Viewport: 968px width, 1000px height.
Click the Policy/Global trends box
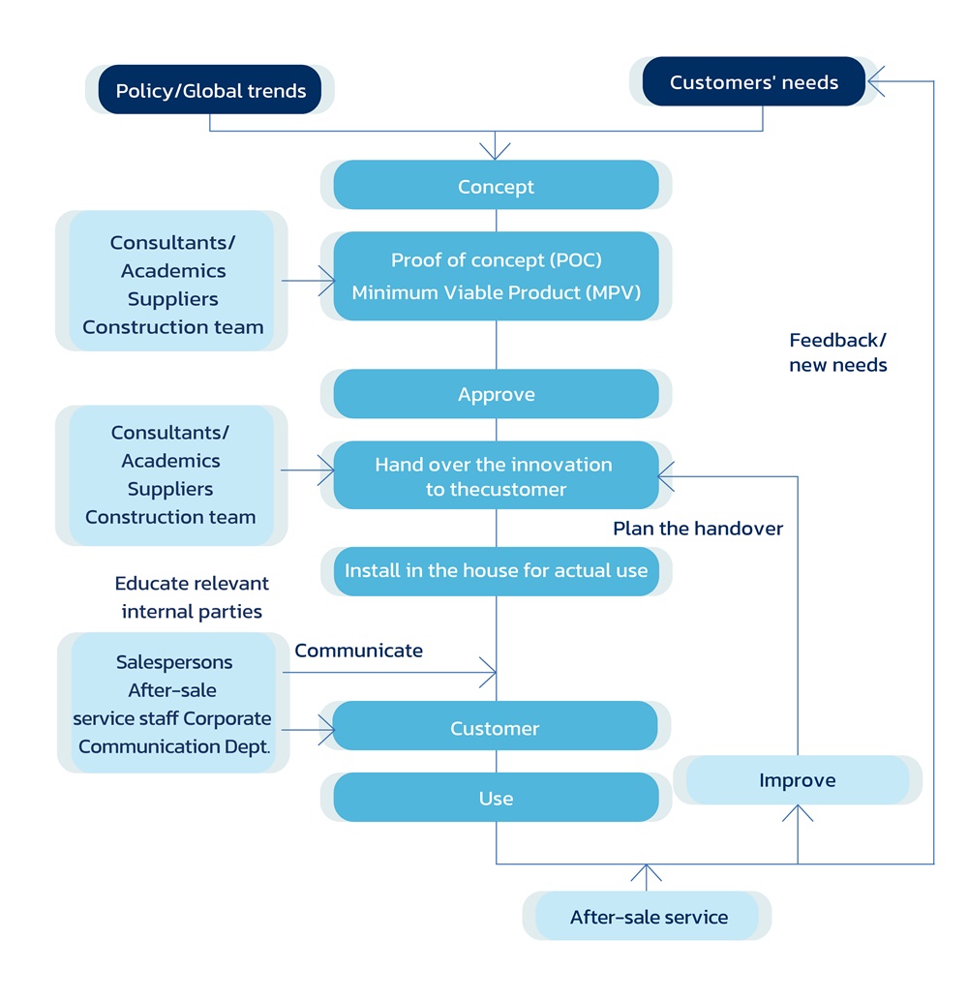click(x=210, y=90)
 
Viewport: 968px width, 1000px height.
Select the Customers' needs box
click(x=753, y=81)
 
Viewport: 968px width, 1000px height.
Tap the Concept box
click(x=496, y=186)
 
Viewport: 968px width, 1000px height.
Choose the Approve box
click(x=496, y=394)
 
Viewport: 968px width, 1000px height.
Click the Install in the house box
click(x=496, y=570)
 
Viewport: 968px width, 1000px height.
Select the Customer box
click(x=495, y=727)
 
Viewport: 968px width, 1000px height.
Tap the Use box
click(x=496, y=798)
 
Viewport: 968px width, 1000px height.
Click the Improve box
click(x=797, y=780)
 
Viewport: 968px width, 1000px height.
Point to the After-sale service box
click(x=648, y=916)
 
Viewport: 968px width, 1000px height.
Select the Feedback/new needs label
click(x=837, y=352)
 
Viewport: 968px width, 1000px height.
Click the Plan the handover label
click(x=697, y=529)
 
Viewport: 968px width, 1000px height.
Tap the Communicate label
click(x=358, y=651)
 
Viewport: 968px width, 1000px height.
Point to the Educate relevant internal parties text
click(x=192, y=597)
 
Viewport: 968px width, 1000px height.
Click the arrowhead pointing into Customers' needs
click(x=875, y=81)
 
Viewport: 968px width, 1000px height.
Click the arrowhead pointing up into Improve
click(x=797, y=813)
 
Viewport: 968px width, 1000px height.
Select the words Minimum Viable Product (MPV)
click(x=496, y=292)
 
